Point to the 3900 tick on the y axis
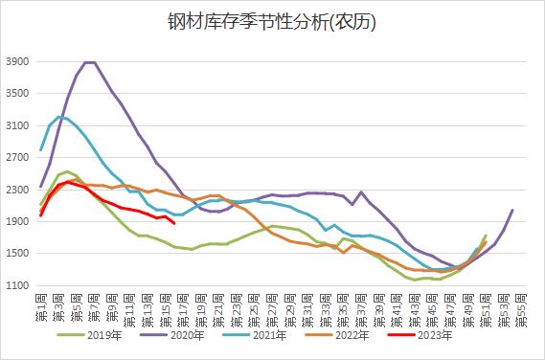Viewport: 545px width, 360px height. (x=18, y=61)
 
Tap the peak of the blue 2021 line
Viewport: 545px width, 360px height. (x=59, y=117)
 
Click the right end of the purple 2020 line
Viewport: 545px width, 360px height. (x=512, y=210)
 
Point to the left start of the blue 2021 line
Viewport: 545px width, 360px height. (x=41, y=150)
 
